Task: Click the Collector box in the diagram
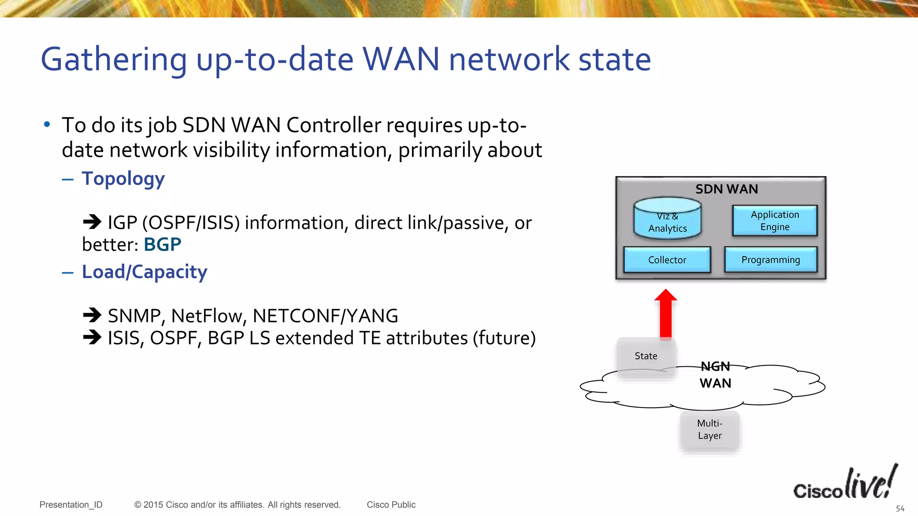(x=667, y=260)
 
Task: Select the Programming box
(x=771, y=260)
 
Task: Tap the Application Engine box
(x=775, y=220)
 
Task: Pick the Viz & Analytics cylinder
(x=667, y=219)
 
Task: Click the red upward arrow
(x=666, y=314)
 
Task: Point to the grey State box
(x=646, y=356)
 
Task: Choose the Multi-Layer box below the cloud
(x=710, y=430)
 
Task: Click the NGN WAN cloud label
(x=715, y=375)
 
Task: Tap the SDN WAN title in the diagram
(x=726, y=189)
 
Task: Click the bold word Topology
(x=123, y=179)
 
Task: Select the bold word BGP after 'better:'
(x=162, y=245)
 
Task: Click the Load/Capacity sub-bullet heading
(x=144, y=272)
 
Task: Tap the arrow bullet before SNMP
(x=92, y=315)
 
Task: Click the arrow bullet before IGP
(x=92, y=222)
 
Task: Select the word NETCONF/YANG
(x=325, y=316)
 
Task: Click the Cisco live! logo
(x=845, y=483)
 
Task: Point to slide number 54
(x=900, y=509)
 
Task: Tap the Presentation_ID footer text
(x=71, y=505)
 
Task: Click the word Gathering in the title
(x=114, y=60)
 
